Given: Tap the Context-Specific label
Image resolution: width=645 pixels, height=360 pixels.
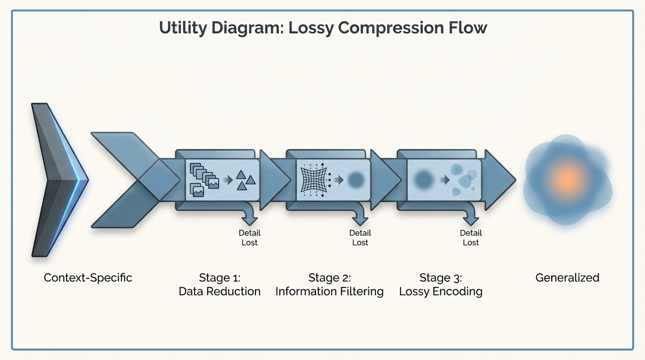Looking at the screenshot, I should tap(88, 277).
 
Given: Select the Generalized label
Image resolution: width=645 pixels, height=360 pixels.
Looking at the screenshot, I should tap(567, 277).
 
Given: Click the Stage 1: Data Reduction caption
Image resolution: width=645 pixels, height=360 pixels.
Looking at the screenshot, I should tap(219, 285).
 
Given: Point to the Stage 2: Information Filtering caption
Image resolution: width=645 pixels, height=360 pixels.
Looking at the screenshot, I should tap(329, 285).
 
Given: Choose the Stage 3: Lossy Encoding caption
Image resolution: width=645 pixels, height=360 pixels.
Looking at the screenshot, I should tap(441, 285).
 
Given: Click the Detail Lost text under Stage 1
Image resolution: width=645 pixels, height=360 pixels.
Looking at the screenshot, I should tap(249, 238).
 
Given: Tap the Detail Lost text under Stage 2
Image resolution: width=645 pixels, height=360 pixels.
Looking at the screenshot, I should tap(360, 238).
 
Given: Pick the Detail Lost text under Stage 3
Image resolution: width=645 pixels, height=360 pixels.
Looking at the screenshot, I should tap(471, 238).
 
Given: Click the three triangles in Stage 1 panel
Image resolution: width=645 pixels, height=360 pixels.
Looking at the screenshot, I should tap(245, 180).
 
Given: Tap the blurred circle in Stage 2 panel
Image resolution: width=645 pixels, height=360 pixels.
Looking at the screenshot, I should tap(356, 180).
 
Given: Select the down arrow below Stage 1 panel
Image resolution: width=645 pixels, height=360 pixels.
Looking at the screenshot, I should tap(249, 217).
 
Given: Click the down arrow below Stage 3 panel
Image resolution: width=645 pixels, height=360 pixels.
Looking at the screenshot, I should tap(471, 217).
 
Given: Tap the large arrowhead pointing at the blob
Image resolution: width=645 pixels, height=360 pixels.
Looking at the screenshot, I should tap(499, 180).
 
